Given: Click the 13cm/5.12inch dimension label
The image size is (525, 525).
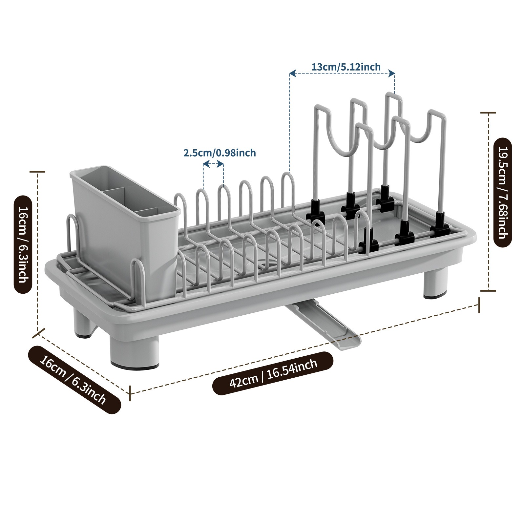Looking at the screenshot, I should (346, 67).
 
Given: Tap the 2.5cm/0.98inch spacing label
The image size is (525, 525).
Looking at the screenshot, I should (219, 153).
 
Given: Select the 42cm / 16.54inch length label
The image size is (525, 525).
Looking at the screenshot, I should (273, 373).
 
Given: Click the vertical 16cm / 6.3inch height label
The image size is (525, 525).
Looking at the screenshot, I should (23, 244).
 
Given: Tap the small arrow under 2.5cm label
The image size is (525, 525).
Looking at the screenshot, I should (213, 163).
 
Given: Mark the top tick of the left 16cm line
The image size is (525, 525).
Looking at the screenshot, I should (38, 172).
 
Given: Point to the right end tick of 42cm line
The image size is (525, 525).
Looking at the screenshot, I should (479, 305).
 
